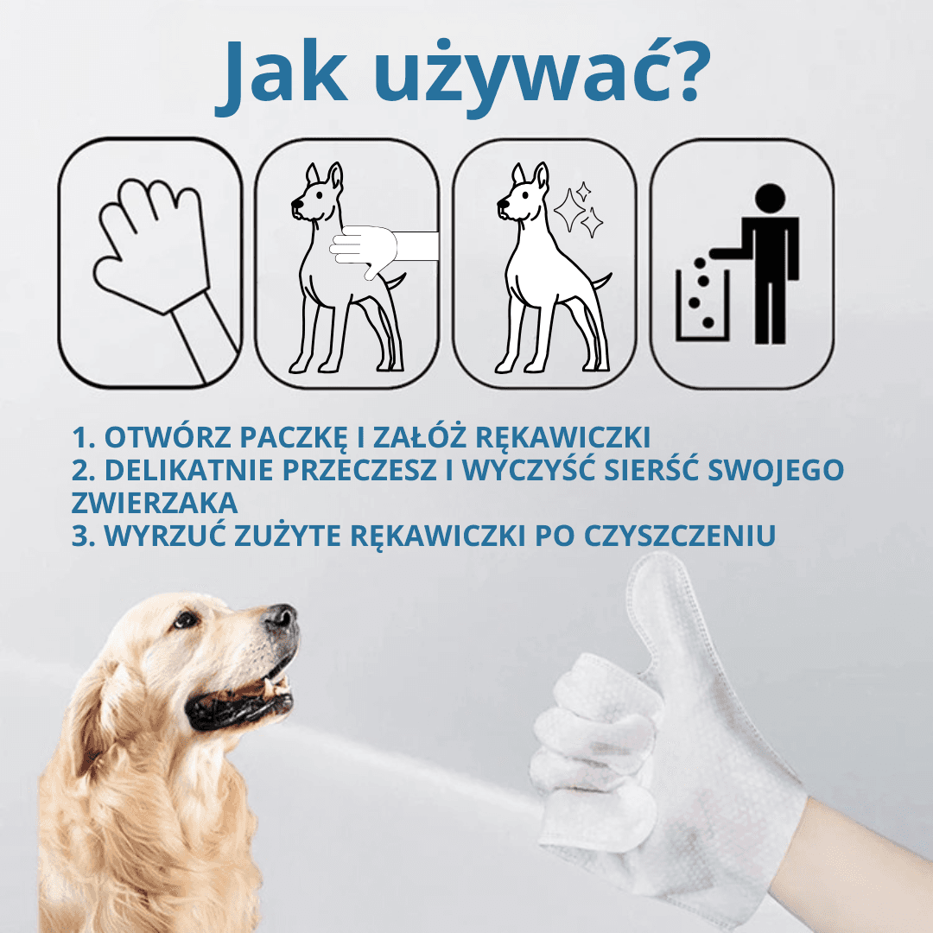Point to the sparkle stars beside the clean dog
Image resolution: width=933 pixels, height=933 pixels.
pos(578,210)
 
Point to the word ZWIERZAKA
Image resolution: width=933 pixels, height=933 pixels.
pos(155,503)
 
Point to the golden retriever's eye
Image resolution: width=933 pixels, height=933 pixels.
pos(182,619)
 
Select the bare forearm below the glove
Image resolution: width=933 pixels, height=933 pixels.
pos(855,864)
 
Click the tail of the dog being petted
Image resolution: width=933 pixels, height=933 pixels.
pos(396,281)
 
